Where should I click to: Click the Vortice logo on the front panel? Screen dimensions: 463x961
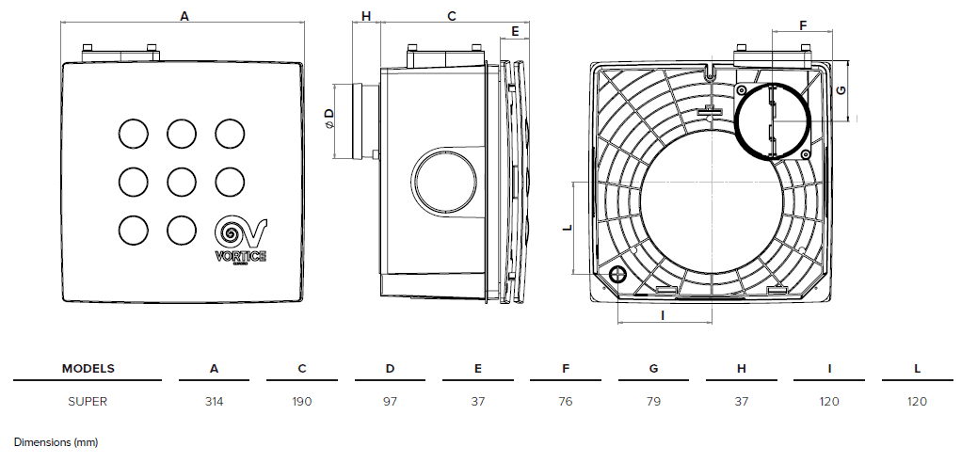click(241, 241)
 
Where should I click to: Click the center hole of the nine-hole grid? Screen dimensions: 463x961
click(183, 180)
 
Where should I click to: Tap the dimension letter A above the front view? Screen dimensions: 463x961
click(184, 16)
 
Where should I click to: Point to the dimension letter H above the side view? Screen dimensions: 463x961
click(365, 16)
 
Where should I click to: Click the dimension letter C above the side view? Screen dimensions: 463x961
click(451, 16)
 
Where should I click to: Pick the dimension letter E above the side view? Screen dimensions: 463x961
click(515, 31)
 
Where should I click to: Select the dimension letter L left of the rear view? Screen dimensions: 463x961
click(566, 228)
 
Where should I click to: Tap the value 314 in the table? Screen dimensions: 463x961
click(214, 401)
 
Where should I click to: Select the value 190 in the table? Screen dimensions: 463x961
click(301, 401)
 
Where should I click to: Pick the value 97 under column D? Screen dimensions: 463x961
click(390, 401)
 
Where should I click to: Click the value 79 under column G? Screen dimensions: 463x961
click(653, 401)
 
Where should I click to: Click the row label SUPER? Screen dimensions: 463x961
click(87, 401)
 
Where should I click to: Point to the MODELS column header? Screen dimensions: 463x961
click(88, 368)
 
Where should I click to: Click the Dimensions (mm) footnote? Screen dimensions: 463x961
click(56, 441)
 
